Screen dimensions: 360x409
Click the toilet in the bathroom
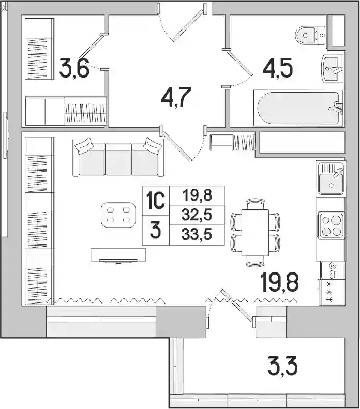click(x=310, y=35)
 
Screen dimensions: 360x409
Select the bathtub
click(x=298, y=108)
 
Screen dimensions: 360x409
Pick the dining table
click(x=255, y=233)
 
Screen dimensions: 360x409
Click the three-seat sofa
click(x=118, y=157)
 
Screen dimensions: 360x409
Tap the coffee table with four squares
click(x=118, y=215)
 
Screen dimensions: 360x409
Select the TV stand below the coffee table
click(x=118, y=255)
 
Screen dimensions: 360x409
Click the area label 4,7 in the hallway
click(x=176, y=97)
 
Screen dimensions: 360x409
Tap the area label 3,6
click(x=74, y=69)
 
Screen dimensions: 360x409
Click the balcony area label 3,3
click(x=282, y=367)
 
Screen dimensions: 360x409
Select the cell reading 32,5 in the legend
click(x=197, y=216)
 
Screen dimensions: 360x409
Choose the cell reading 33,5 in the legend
click(x=197, y=235)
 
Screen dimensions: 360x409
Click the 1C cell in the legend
click(x=156, y=201)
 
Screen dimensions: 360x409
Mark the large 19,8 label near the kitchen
click(x=279, y=282)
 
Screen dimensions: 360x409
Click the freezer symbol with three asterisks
click(x=330, y=292)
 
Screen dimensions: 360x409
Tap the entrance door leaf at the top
click(x=188, y=25)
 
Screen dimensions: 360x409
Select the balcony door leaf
click(x=237, y=305)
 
